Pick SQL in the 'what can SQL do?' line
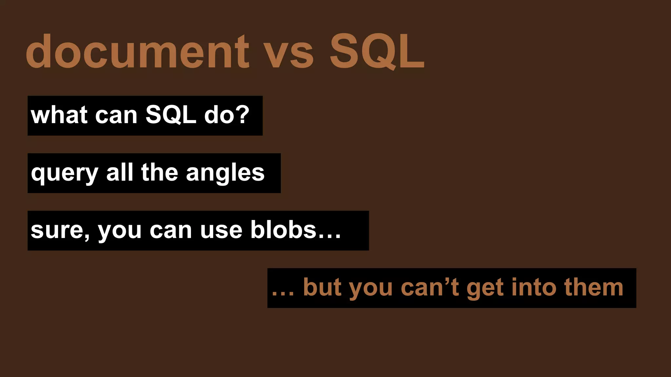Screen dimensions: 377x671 coord(171,115)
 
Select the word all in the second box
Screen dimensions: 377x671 coord(120,172)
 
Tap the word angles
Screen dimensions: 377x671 coord(225,173)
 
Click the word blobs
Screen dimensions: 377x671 coord(283,230)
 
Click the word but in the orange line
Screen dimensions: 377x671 coord(322,287)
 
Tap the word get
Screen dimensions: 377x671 coord(485,288)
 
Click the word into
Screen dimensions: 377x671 coord(534,287)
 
